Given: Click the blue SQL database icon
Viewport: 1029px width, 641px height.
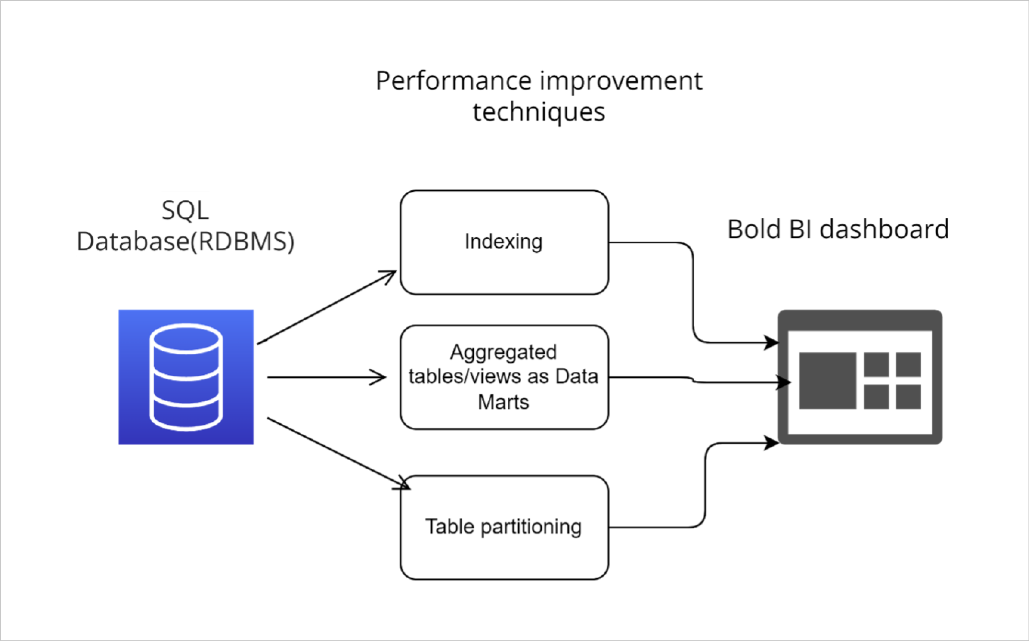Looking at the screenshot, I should pos(186,377).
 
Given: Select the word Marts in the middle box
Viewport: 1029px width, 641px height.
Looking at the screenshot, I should pos(503,402).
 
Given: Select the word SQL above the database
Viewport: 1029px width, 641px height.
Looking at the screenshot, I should pos(185,210).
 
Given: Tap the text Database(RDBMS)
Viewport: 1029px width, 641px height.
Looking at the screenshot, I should pos(185,242).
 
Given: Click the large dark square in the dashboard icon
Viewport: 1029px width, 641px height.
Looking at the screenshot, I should pos(827,380).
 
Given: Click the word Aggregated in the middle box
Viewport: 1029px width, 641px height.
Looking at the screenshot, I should pos(503,352).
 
